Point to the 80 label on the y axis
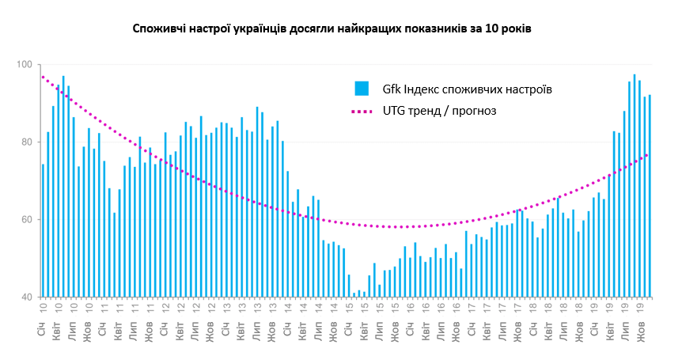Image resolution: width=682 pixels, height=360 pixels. click(25, 142)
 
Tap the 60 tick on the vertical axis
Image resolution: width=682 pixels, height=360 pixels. click(25, 220)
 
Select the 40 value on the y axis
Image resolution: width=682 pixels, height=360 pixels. click(25, 297)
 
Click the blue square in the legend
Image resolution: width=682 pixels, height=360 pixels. click(362, 89)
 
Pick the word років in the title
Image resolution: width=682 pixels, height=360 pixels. click(516, 28)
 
